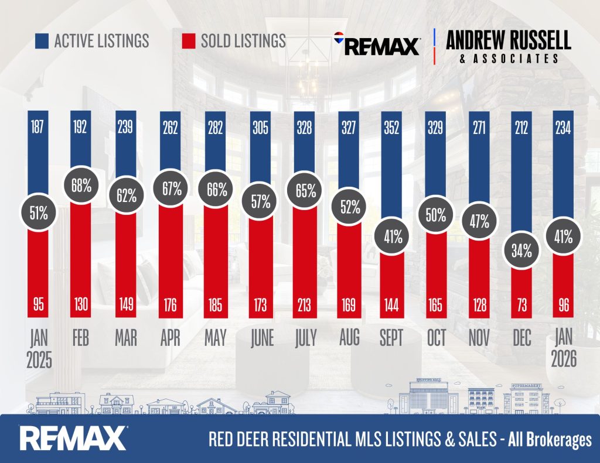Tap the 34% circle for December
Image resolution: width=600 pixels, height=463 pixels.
(522, 251)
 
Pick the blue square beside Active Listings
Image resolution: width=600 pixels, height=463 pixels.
(41, 40)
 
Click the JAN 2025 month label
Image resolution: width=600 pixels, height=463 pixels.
(40, 349)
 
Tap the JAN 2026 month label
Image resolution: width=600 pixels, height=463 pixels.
(564, 349)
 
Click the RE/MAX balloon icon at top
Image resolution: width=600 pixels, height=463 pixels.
(339, 39)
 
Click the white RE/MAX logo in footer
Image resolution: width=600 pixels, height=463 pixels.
(73, 438)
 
